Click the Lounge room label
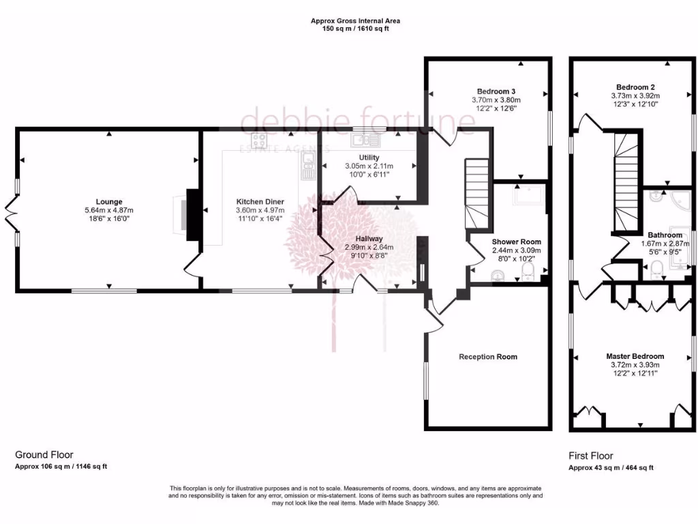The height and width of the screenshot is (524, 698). point(109,201)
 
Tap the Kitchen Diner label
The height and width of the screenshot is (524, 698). point(260,201)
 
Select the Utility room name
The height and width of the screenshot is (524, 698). point(369,158)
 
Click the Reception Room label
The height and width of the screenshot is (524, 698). point(488,357)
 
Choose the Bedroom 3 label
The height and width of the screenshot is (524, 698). point(496,91)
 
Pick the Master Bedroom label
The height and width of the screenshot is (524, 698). point(635,356)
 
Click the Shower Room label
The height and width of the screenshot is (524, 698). point(516,242)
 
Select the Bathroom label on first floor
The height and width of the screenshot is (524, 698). point(665,235)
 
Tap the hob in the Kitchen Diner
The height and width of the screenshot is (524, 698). point(260,141)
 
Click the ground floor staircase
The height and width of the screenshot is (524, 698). point(476,194)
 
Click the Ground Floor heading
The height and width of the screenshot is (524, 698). point(44,454)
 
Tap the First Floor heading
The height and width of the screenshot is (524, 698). point(591,456)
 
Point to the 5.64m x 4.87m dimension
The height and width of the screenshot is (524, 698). point(109,210)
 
